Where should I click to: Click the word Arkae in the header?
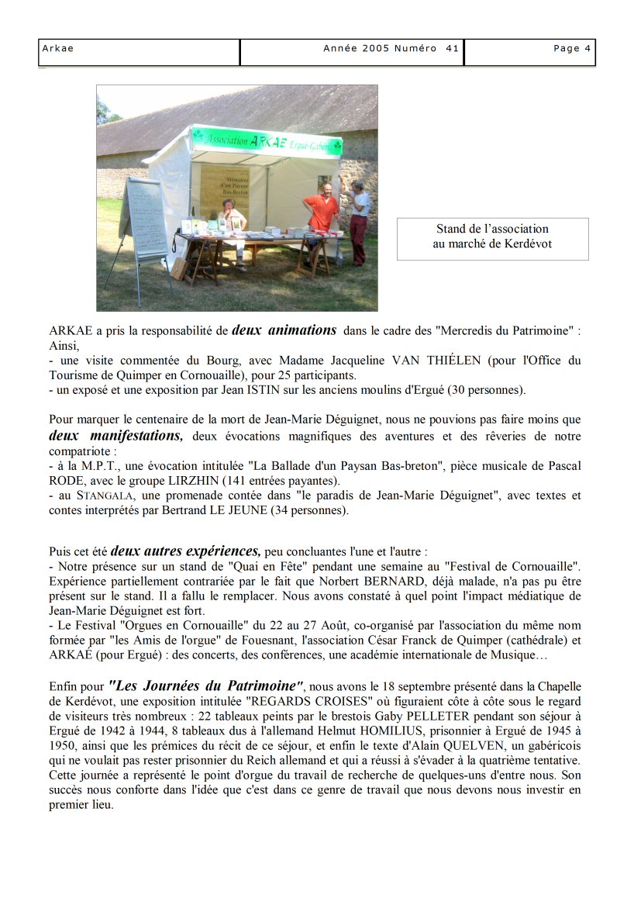pyautogui.click(x=57, y=48)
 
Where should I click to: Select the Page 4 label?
pyautogui.click(x=572, y=48)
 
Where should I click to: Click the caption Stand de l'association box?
pyautogui.click(x=492, y=237)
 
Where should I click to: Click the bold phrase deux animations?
pyautogui.click(x=284, y=330)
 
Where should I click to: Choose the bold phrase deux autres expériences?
pyautogui.click(x=186, y=552)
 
